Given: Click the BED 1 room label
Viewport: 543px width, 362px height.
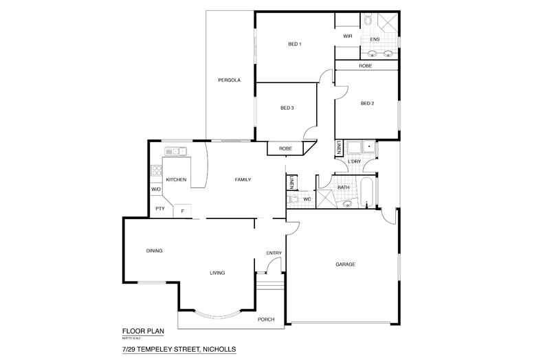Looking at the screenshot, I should click(x=294, y=45).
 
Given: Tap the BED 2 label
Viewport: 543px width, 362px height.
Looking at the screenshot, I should click(x=367, y=104).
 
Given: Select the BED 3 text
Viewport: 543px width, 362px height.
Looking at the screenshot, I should click(x=287, y=108).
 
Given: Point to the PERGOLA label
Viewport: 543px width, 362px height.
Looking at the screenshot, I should click(x=229, y=80).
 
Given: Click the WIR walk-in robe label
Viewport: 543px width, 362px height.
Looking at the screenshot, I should click(x=347, y=36).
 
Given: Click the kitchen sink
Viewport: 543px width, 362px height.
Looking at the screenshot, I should click(x=175, y=151).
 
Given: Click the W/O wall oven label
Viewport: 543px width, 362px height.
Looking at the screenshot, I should click(x=156, y=190).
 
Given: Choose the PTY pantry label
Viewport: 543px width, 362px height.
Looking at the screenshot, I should click(x=159, y=209).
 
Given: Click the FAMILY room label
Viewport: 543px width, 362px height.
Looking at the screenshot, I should click(x=243, y=180).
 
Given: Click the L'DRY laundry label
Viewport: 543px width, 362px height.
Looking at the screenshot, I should click(x=355, y=162).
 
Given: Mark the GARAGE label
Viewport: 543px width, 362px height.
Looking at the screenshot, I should click(x=345, y=264).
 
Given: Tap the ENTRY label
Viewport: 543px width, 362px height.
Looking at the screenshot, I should click(x=274, y=253).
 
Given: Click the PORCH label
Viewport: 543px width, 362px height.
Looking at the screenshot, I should click(x=266, y=319).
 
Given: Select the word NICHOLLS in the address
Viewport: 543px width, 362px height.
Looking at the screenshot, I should click(x=217, y=349).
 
